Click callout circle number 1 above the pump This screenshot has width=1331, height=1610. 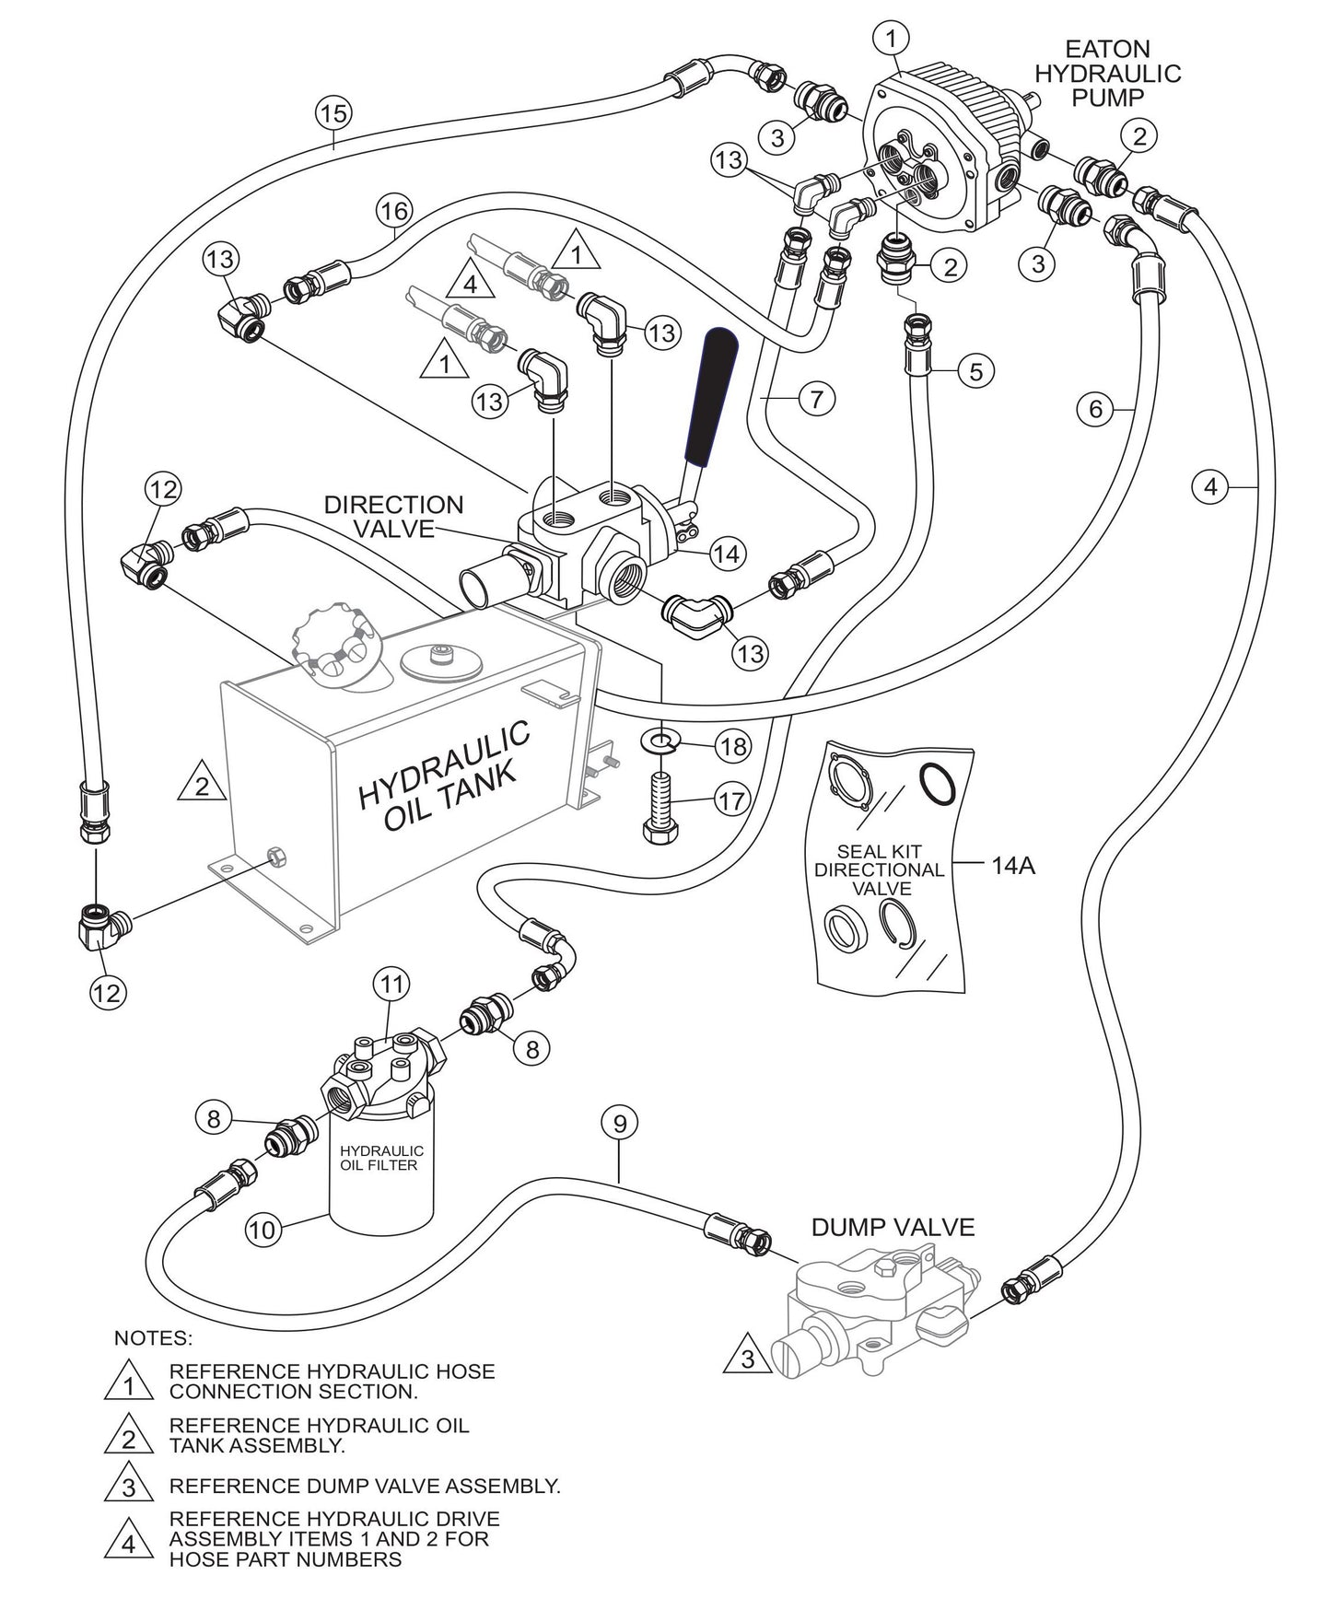coord(891,38)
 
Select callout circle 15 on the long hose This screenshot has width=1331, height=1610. coord(333,114)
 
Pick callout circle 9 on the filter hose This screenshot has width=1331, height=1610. coord(619,1124)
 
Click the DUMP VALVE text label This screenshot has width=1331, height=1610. coord(892,1228)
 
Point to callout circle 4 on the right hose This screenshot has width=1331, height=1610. coord(1211,486)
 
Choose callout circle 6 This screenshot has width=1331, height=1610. coord(1095,408)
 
